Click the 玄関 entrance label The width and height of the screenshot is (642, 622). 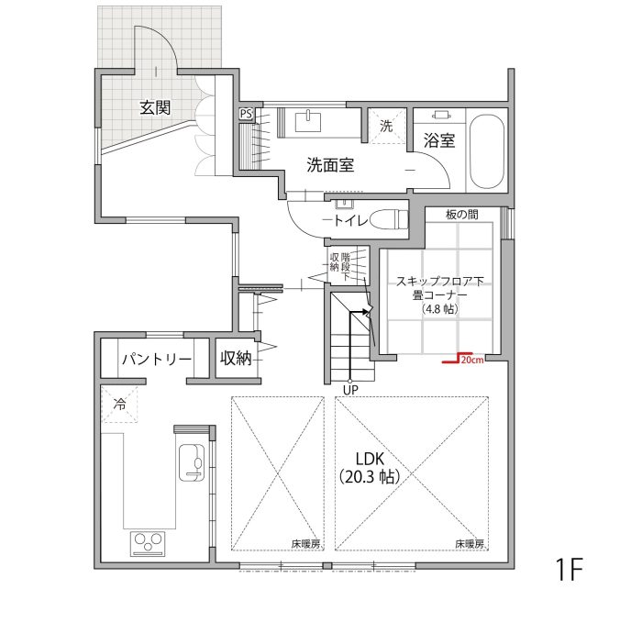155,107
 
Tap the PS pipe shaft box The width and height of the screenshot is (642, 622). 246,114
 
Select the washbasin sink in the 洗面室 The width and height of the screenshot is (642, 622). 307,121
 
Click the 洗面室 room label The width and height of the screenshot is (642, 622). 330,165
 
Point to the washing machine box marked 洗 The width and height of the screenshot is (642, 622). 386,126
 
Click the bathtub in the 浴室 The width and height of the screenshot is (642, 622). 486,151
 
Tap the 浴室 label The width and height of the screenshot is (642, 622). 439,141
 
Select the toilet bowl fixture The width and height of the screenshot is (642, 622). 389,220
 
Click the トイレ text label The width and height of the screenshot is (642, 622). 350,221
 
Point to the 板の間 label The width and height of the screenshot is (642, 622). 462,215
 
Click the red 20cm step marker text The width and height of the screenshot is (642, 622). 472,361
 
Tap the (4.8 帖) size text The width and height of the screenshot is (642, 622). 439,309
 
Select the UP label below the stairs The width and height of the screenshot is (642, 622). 350,390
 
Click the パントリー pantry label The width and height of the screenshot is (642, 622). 157,360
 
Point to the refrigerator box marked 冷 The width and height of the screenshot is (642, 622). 119,405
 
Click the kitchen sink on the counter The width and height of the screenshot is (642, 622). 191,462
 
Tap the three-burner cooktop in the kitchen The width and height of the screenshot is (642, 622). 148,544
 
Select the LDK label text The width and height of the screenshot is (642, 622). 370,459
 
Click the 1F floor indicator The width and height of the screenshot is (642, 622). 569,569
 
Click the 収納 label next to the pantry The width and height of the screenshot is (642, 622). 236,359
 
